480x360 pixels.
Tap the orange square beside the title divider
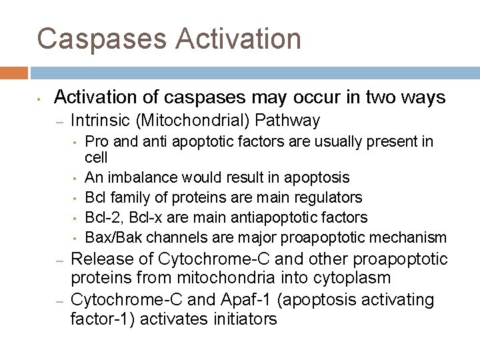click(x=13, y=72)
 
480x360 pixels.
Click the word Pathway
click(x=287, y=121)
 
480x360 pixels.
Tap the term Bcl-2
click(x=103, y=217)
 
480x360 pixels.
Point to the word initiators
click(x=242, y=319)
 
